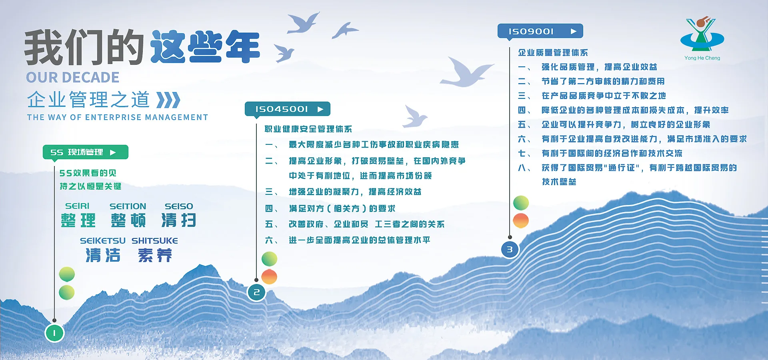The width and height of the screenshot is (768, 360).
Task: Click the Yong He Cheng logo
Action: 702,38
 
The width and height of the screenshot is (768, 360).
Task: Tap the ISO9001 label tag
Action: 540,31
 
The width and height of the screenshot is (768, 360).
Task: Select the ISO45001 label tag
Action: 287,109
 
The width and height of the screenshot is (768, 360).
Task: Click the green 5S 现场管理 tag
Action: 85,152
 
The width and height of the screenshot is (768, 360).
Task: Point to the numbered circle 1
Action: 54,333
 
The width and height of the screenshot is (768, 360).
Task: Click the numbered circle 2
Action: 256,292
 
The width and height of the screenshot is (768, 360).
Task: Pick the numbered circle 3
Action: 510,250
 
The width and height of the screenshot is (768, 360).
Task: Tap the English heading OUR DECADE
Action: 73,77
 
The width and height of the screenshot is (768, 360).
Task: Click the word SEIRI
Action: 77,206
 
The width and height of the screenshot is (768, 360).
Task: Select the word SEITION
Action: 128,206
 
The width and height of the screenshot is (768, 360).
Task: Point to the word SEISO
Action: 179,206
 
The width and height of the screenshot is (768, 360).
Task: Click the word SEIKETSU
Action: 103,241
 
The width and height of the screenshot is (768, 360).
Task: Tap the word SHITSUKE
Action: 155,241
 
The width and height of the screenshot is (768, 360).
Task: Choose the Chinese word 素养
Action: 155,255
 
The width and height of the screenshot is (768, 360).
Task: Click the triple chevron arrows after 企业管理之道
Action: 168,100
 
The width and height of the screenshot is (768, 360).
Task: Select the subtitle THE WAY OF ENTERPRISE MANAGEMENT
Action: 118,117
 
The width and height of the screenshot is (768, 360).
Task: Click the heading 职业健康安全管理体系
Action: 308,129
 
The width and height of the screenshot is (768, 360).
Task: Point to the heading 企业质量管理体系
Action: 553,53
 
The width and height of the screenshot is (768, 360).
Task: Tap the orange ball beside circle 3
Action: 521,221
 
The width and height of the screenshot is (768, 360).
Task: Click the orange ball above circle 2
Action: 269,277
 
